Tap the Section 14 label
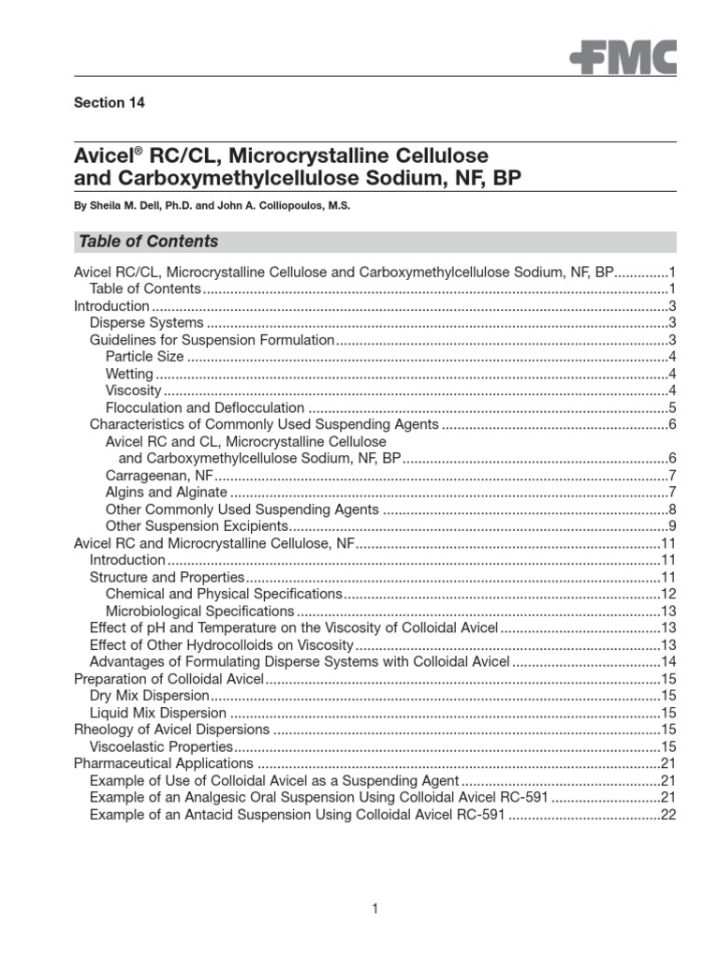[x=110, y=103]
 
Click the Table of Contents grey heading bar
[x=374, y=242]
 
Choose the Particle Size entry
[x=145, y=357]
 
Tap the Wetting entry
[x=129, y=374]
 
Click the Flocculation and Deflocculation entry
[x=205, y=407]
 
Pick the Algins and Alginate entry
[x=166, y=492]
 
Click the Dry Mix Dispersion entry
[x=148, y=695]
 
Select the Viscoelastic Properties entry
[x=160, y=746]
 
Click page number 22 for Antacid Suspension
[x=668, y=815]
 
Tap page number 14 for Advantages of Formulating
[x=668, y=661]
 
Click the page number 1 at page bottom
[x=374, y=908]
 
